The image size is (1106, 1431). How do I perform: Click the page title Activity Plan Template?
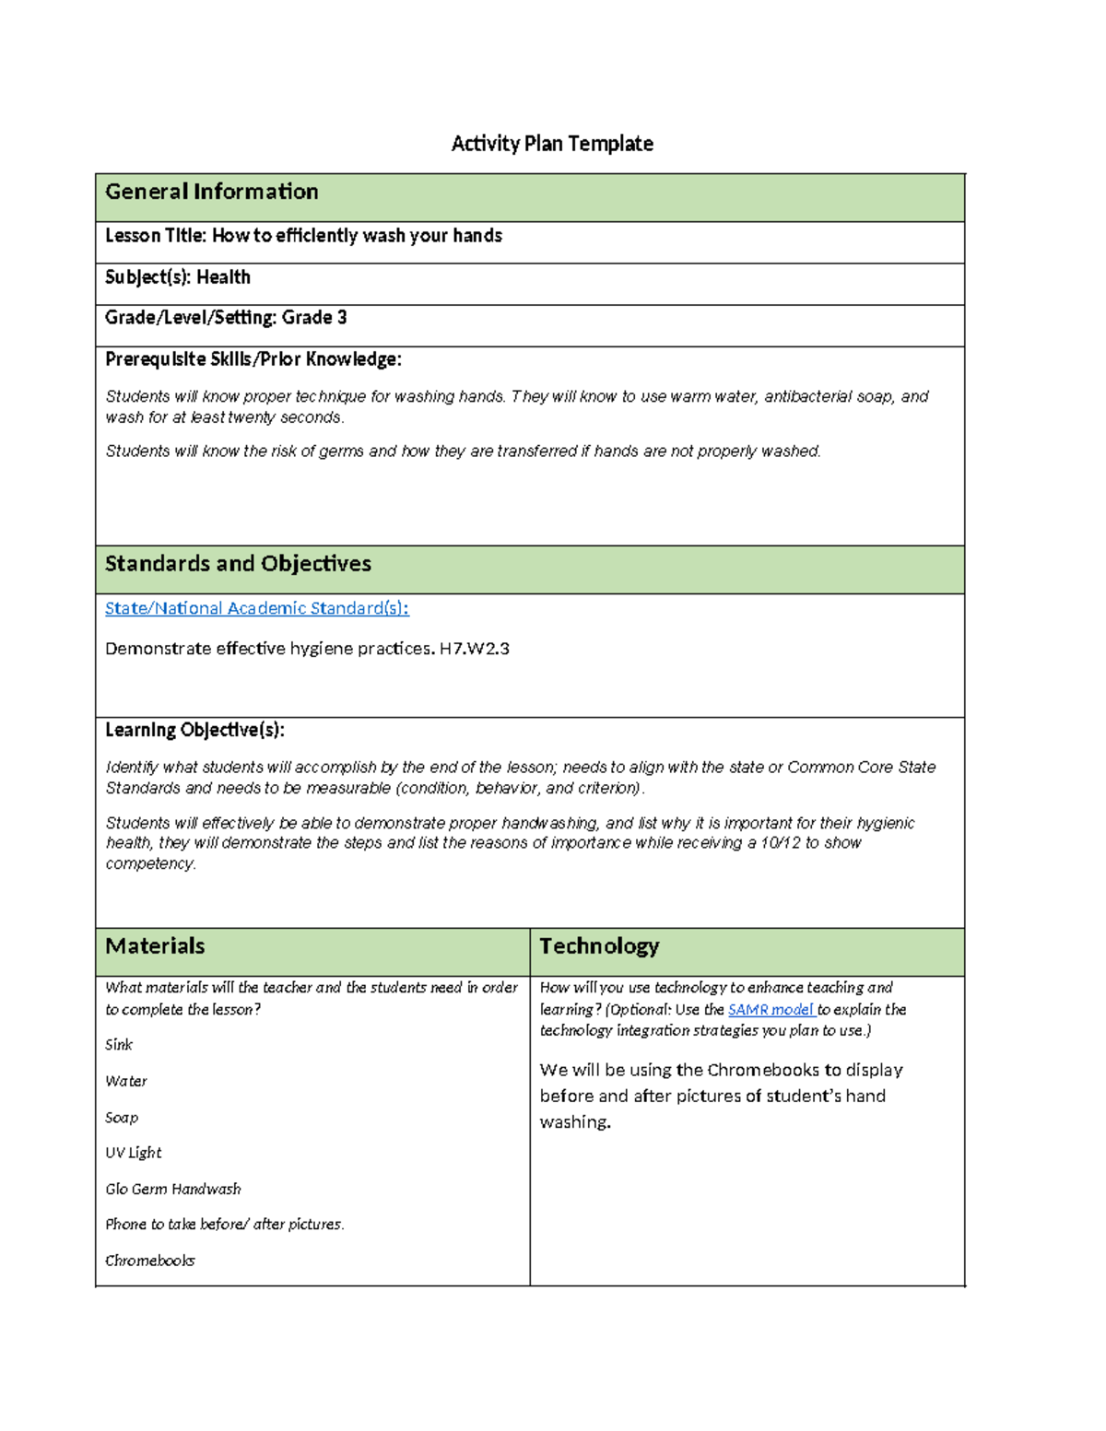pyautogui.click(x=552, y=144)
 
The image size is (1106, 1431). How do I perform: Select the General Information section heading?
pyautogui.click(x=212, y=192)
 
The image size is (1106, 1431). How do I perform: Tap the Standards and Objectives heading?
pyautogui.click(x=238, y=564)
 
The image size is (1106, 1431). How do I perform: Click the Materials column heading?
pyautogui.click(x=155, y=946)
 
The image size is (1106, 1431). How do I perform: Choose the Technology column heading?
pyautogui.click(x=599, y=946)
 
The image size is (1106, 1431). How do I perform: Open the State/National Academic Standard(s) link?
pyautogui.click(x=256, y=608)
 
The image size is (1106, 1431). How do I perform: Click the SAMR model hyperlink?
pyautogui.click(x=770, y=1010)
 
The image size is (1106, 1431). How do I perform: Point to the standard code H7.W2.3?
pyautogui.click(x=474, y=649)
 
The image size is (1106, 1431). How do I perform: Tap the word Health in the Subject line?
pyautogui.click(x=223, y=277)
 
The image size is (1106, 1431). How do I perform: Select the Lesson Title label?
pyautogui.click(x=155, y=236)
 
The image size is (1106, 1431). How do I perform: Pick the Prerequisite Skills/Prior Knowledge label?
pyautogui.click(x=253, y=359)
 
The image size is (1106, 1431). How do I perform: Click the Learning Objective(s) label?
pyautogui.click(x=194, y=731)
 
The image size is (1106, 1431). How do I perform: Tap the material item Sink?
pyautogui.click(x=119, y=1045)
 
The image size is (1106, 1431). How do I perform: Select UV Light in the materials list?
pyautogui.click(x=134, y=1153)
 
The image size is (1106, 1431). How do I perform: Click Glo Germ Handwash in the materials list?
pyautogui.click(x=173, y=1190)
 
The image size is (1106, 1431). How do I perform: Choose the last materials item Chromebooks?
pyautogui.click(x=150, y=1261)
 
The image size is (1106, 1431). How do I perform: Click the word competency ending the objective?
pyautogui.click(x=149, y=864)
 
